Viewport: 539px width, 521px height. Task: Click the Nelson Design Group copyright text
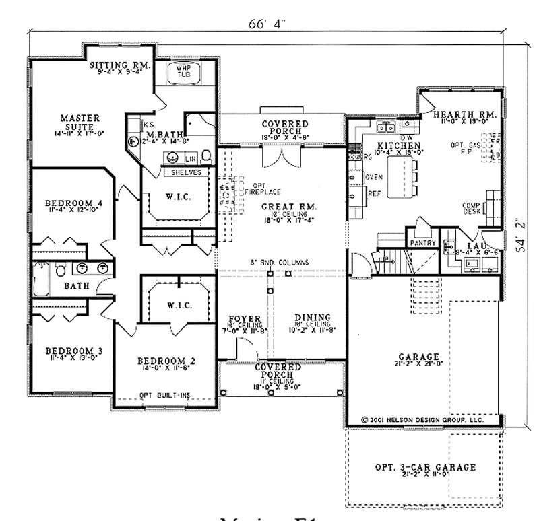pyautogui.click(x=422, y=419)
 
